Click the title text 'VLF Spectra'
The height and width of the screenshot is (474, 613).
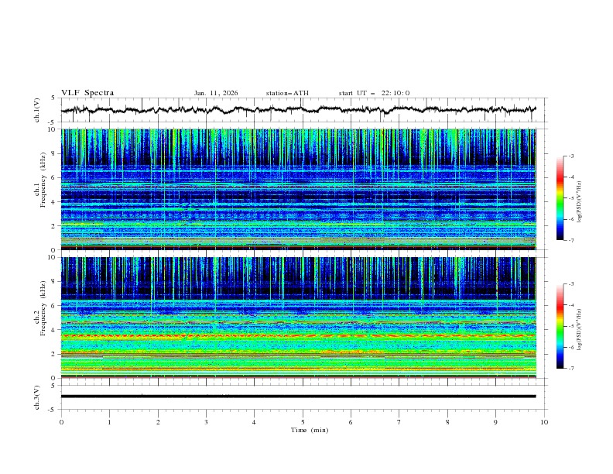point(87,93)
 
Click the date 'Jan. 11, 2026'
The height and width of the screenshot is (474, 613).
point(216,93)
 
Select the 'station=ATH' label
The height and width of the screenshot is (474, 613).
point(287,93)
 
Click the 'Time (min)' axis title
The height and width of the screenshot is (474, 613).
point(303,429)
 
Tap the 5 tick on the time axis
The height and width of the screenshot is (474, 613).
point(303,421)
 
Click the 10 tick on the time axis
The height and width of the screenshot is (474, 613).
point(544,421)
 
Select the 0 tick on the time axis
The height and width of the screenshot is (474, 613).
point(61,421)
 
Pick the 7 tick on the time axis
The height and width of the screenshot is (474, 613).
point(399,421)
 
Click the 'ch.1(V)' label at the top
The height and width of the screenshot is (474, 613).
point(37,111)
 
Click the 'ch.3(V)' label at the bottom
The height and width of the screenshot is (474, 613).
point(37,397)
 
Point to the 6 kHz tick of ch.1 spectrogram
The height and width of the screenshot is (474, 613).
point(53,177)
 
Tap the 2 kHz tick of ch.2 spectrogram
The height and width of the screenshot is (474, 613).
point(53,354)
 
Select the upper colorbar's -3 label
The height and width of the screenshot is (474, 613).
point(570,156)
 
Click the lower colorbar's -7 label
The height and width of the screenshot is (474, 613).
point(570,369)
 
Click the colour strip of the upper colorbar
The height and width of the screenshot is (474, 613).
point(560,198)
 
